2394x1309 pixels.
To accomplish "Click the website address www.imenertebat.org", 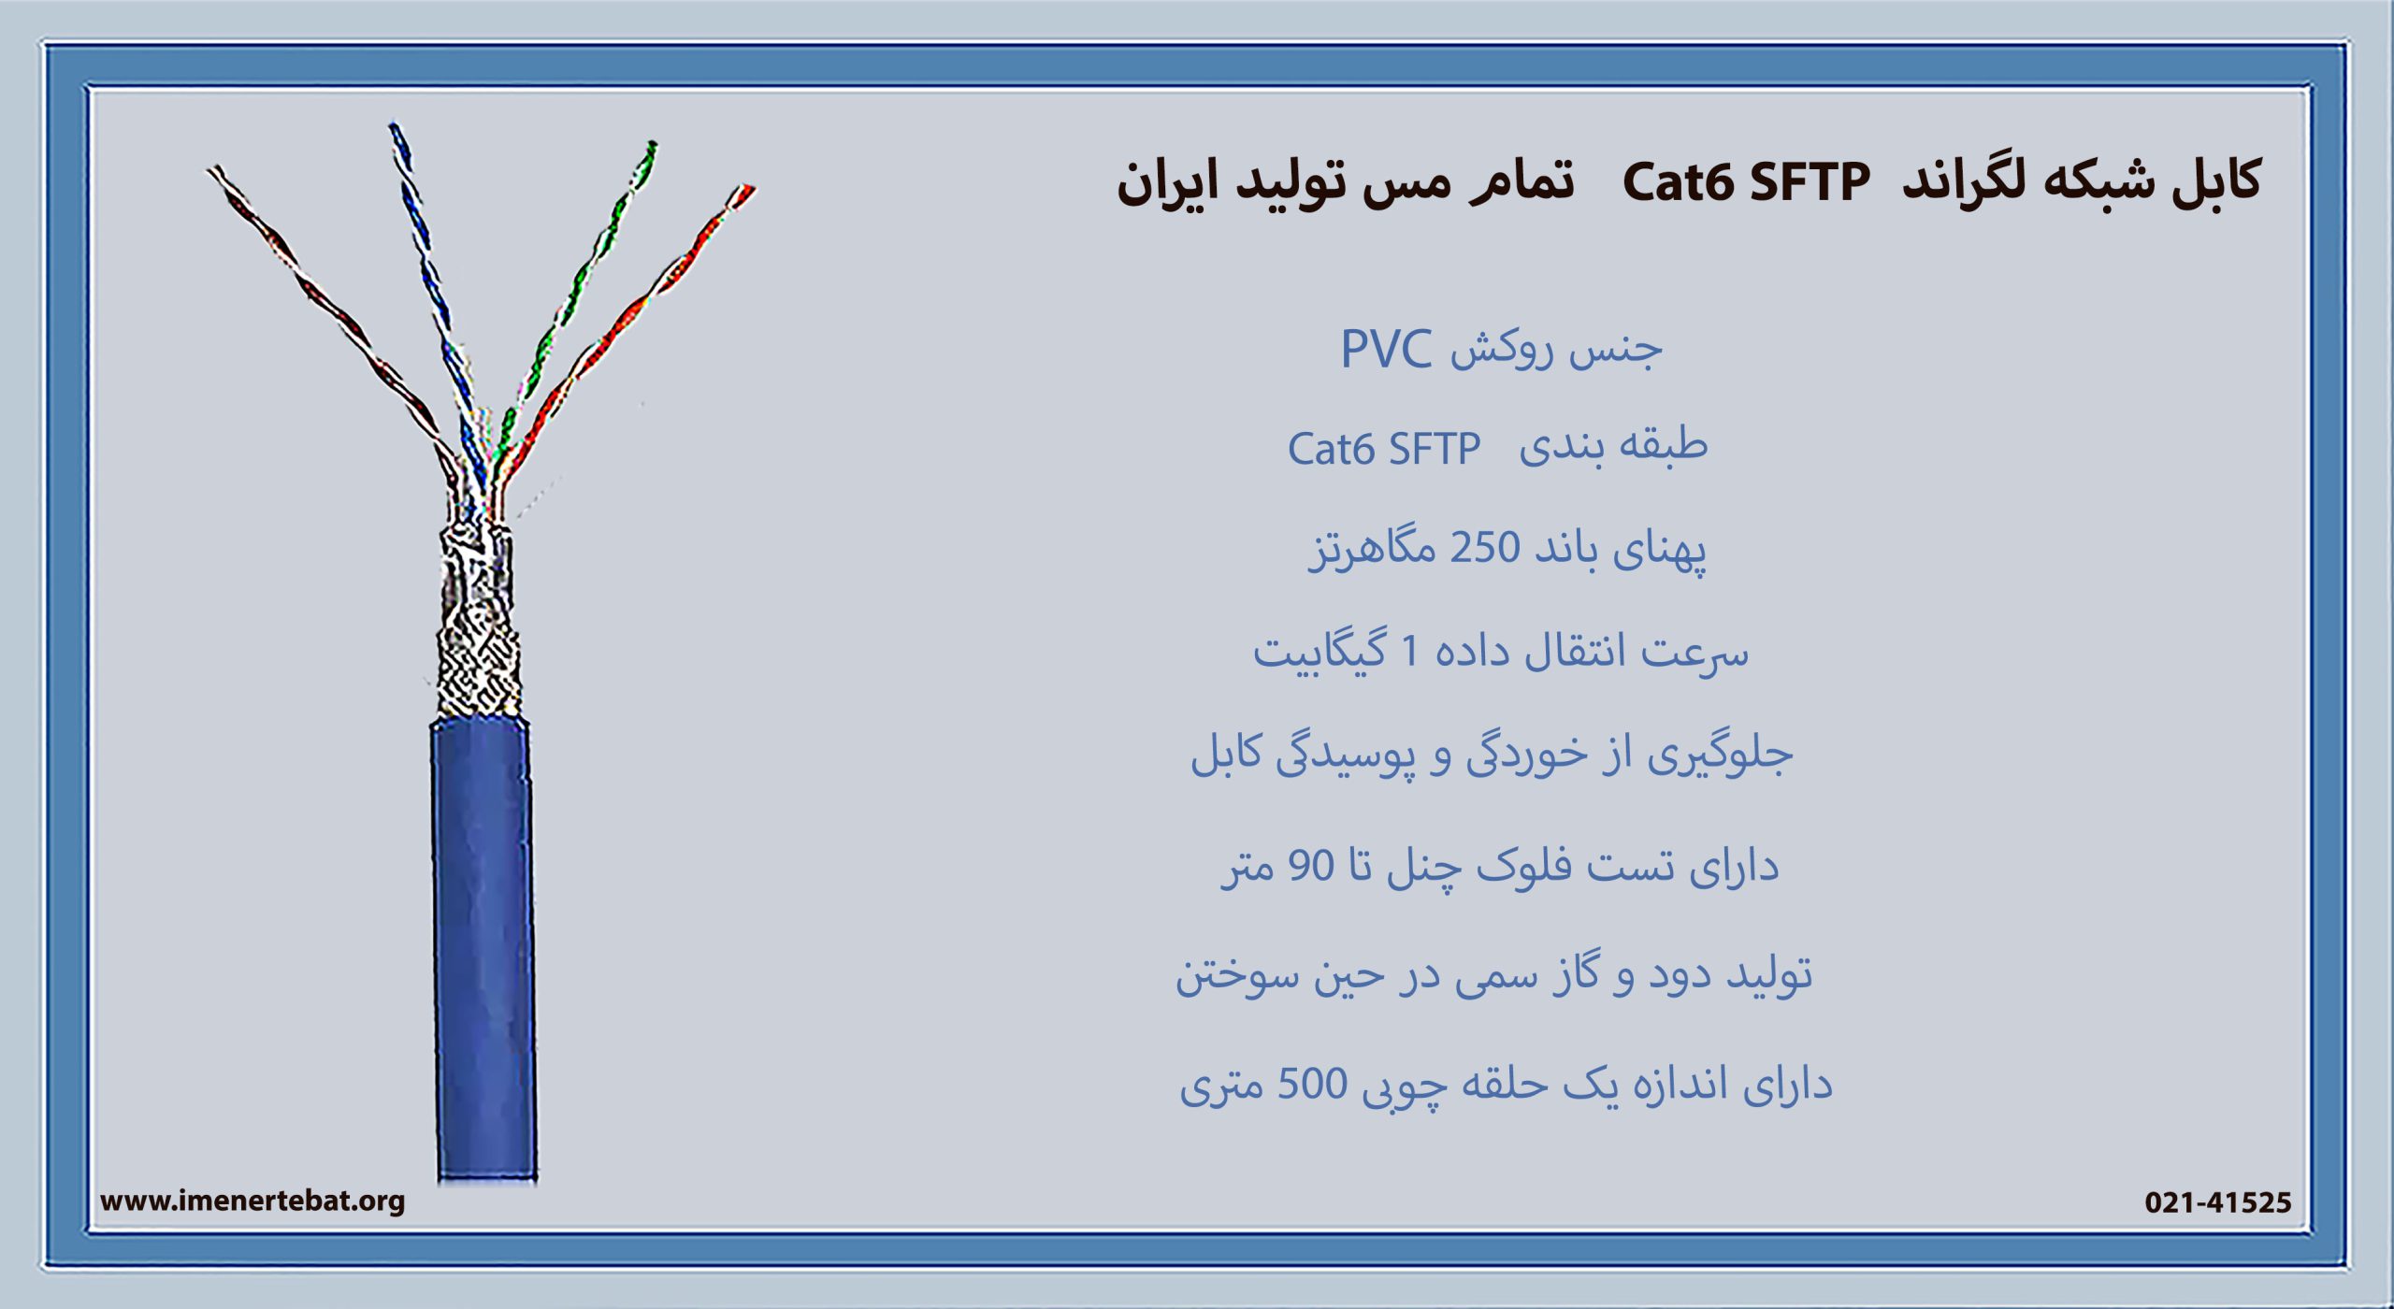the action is pyautogui.click(x=252, y=1201).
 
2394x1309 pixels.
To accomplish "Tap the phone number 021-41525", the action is pyautogui.click(x=2217, y=1202).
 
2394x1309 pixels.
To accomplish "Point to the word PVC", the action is pyautogui.click(x=1386, y=349).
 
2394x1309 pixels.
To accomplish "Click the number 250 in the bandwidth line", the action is pyautogui.click(x=1484, y=547).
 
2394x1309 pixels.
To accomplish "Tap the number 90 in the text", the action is pyautogui.click(x=1311, y=866).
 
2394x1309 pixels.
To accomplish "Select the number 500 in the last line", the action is pyautogui.click(x=1312, y=1085).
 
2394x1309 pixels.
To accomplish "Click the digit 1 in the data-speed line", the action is pyautogui.click(x=1410, y=651).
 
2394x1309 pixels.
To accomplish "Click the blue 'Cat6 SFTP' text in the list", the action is pyautogui.click(x=1384, y=449).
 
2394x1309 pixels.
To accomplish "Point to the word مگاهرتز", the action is pyautogui.click(x=1372, y=549).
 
